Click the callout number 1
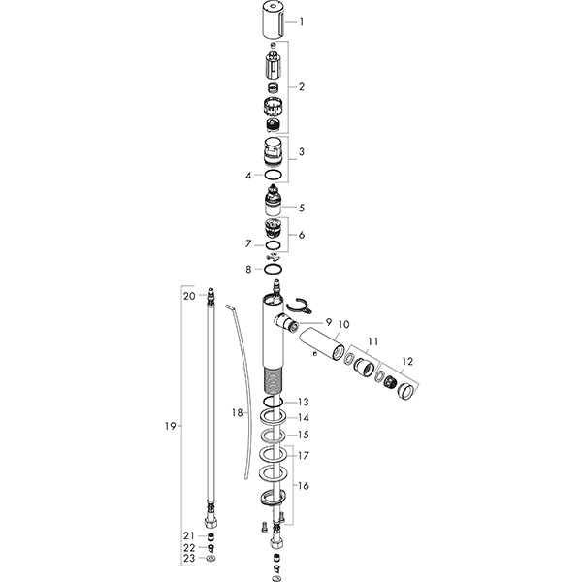pos(302,21)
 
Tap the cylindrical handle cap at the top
pos(275,22)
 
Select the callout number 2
pos(302,87)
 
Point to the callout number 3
pos(302,152)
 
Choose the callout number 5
pos(302,207)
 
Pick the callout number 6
pos(302,235)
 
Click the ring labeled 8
pos(275,269)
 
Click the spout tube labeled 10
pos(321,345)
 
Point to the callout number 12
pos(406,361)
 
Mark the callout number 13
pos(304,402)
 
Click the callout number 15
pos(304,435)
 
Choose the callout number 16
pos(304,486)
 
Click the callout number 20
pos(189,295)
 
